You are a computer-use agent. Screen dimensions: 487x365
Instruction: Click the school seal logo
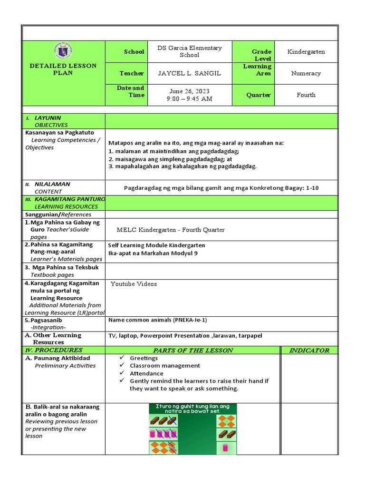[x=63, y=51]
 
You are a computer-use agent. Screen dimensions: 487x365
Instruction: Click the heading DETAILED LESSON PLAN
[x=63, y=69]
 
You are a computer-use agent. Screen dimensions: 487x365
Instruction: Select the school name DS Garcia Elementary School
[x=190, y=51]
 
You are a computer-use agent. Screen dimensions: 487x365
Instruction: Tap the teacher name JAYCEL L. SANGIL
[x=190, y=73]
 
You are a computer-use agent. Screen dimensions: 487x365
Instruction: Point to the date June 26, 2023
[x=190, y=91]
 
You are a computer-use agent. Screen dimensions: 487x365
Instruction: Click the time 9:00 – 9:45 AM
[x=190, y=99]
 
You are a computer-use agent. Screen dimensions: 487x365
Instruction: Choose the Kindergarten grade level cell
[x=306, y=51]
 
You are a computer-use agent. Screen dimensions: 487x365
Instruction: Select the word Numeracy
[x=306, y=73]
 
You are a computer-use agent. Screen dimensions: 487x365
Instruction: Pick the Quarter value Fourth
[x=306, y=95]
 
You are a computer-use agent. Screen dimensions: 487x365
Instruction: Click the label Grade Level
[x=262, y=55]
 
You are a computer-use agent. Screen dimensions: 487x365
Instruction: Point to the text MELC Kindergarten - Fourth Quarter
[x=171, y=230]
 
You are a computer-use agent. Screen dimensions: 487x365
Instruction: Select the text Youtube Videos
[x=134, y=284]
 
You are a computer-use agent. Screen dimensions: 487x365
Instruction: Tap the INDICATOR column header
[x=309, y=351]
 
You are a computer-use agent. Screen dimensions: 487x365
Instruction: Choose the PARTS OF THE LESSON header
[x=193, y=351]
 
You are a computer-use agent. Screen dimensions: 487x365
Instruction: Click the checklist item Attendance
[x=146, y=373]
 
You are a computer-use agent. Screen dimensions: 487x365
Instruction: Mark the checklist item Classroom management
[x=165, y=366]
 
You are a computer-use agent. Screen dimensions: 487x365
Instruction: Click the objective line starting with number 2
[x=173, y=159]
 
